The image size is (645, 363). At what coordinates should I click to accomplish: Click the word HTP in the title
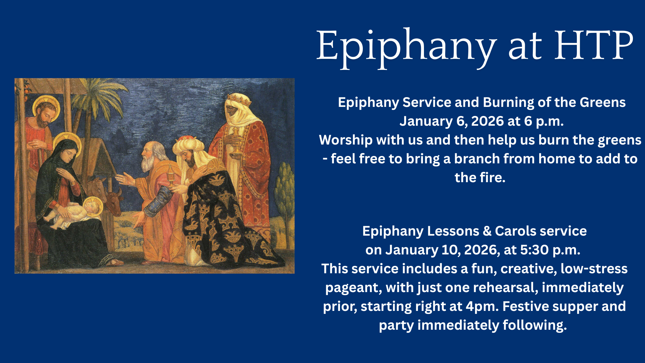(x=594, y=45)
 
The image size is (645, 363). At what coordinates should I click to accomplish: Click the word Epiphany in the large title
(x=406, y=48)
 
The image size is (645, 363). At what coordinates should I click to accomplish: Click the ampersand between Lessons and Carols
(x=487, y=231)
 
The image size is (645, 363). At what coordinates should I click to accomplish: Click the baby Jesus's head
(x=91, y=206)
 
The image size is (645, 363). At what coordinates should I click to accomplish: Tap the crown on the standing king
(x=238, y=99)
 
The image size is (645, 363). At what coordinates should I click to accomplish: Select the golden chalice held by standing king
(x=236, y=141)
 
